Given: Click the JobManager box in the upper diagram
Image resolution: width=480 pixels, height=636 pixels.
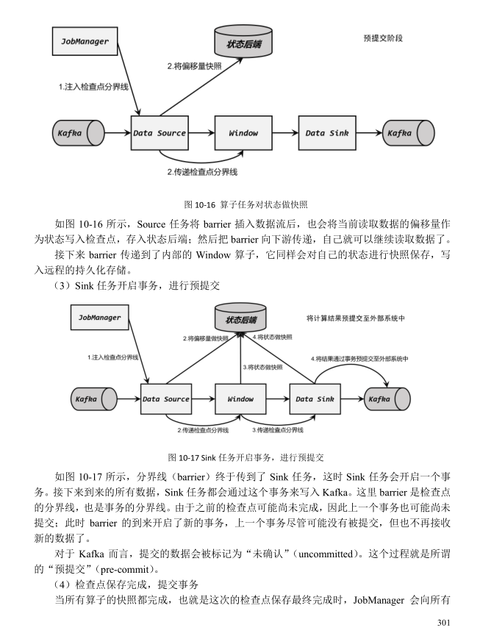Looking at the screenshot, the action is [85, 41].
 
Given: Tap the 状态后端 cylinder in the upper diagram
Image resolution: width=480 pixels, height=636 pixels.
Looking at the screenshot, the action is [243, 41].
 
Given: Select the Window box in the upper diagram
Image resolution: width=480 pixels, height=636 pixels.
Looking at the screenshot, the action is [243, 132].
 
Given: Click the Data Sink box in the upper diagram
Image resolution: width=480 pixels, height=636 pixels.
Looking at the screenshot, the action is [327, 132].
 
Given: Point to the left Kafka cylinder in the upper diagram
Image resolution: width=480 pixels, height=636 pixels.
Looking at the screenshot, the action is [78, 132].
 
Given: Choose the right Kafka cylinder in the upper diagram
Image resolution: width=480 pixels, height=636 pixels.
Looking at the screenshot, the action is [408, 132].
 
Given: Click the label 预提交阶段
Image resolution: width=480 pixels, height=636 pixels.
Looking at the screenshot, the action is [383, 38].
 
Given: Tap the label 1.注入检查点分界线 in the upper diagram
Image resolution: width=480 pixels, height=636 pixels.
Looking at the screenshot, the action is [93, 87].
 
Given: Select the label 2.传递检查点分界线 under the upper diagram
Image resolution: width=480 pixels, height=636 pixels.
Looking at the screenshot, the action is [202, 172].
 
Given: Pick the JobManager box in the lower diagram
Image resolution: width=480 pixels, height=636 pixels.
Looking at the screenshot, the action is [100, 317].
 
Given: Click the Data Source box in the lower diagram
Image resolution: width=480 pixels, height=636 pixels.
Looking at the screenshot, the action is [166, 399].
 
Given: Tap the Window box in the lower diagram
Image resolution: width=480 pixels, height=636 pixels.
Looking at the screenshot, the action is [240, 399].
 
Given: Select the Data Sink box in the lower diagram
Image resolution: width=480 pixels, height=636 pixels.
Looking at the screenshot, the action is [315, 399].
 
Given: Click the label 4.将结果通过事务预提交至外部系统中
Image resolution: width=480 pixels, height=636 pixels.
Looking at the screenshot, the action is [359, 359].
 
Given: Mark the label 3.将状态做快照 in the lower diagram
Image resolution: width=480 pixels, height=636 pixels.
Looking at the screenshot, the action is [262, 367].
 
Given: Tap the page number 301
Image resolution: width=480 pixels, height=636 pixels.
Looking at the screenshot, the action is [444, 622].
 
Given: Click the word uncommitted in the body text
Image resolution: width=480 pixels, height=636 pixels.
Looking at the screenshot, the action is [326, 554].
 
